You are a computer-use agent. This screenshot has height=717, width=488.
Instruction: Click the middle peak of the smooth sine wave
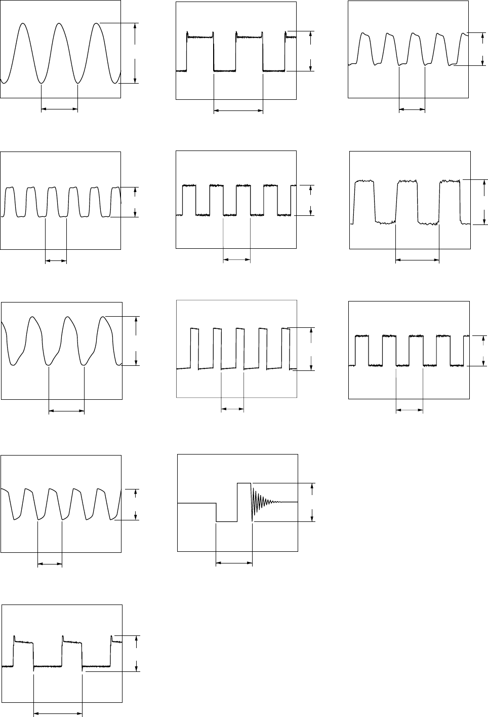[60, 24]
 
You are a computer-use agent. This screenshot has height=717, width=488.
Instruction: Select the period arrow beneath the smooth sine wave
[59, 108]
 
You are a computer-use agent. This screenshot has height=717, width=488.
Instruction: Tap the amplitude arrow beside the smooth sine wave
[135, 53]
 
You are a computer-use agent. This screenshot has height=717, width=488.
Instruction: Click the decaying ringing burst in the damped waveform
[261, 502]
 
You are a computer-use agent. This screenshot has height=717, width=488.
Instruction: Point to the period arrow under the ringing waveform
[234, 561]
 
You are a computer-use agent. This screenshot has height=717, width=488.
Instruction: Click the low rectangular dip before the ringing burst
[226, 520]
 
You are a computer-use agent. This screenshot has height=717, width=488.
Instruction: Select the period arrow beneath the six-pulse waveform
[56, 261]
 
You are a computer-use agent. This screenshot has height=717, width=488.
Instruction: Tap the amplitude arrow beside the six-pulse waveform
[136, 202]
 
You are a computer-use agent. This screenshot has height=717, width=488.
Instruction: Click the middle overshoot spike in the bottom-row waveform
[63, 637]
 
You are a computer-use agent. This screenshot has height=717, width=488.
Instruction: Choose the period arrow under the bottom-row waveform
[58, 715]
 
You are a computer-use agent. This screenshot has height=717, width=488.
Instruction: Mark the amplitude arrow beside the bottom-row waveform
[136, 654]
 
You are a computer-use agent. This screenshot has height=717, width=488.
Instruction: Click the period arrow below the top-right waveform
[412, 108]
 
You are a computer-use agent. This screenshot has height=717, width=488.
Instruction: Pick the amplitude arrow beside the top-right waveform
[481, 49]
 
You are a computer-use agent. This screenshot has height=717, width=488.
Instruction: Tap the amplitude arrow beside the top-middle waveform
[311, 51]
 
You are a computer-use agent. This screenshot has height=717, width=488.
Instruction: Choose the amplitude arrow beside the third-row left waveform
[136, 341]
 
